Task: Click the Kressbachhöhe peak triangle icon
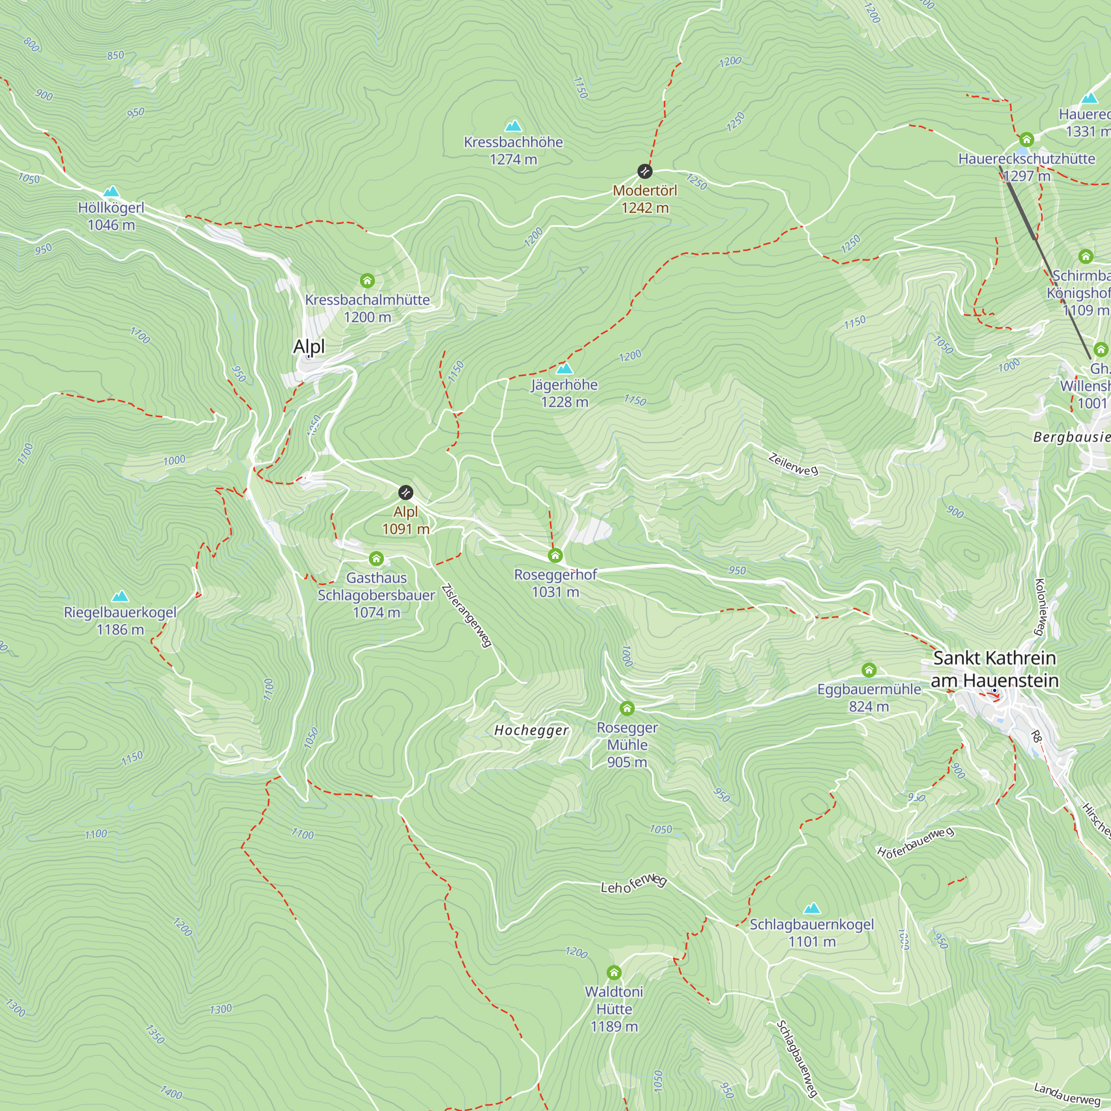(513, 126)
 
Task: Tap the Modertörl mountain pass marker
(644, 171)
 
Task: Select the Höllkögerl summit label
(111, 208)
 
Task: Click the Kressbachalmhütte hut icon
(367, 280)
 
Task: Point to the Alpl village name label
(309, 346)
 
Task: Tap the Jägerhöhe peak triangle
(565, 368)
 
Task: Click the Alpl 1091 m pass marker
(406, 492)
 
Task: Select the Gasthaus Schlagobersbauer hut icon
(376, 558)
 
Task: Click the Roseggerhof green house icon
(555, 555)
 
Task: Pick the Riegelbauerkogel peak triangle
(119, 595)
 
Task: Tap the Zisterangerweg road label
(467, 616)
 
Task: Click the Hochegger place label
(532, 730)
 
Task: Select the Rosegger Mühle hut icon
(627, 708)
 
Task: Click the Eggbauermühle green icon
(869, 670)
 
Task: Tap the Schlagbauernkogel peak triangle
(812, 908)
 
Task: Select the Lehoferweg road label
(633, 885)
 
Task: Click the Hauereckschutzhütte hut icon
(1027, 139)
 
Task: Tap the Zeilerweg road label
(793, 464)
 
